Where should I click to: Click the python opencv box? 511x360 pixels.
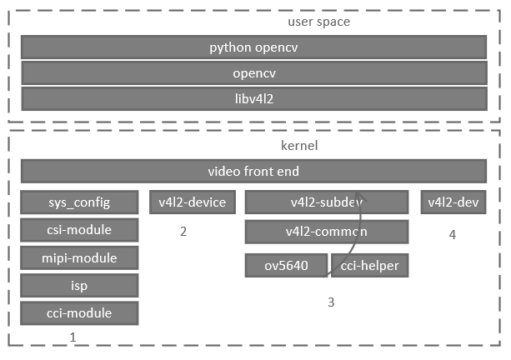coord(253,47)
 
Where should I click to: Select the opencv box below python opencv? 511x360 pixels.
coord(253,73)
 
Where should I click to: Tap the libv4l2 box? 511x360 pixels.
coord(253,99)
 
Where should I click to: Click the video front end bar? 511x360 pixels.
coord(253,172)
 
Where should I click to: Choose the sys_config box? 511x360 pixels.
coord(79,202)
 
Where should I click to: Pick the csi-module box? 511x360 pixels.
coord(79,230)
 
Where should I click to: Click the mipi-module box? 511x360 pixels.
coord(79,257)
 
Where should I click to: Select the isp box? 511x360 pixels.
coord(79,286)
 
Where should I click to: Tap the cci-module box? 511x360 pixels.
coord(79,313)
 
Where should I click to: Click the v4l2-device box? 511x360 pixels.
coord(193,202)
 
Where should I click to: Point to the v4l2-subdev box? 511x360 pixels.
coord(326,202)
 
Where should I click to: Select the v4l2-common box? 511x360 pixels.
coord(326,231)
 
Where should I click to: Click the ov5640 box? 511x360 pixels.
coord(286,266)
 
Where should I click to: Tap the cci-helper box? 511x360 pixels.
coord(370,266)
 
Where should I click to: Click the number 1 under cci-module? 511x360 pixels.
coord(73,337)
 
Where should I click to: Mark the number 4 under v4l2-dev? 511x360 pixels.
coord(453,235)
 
